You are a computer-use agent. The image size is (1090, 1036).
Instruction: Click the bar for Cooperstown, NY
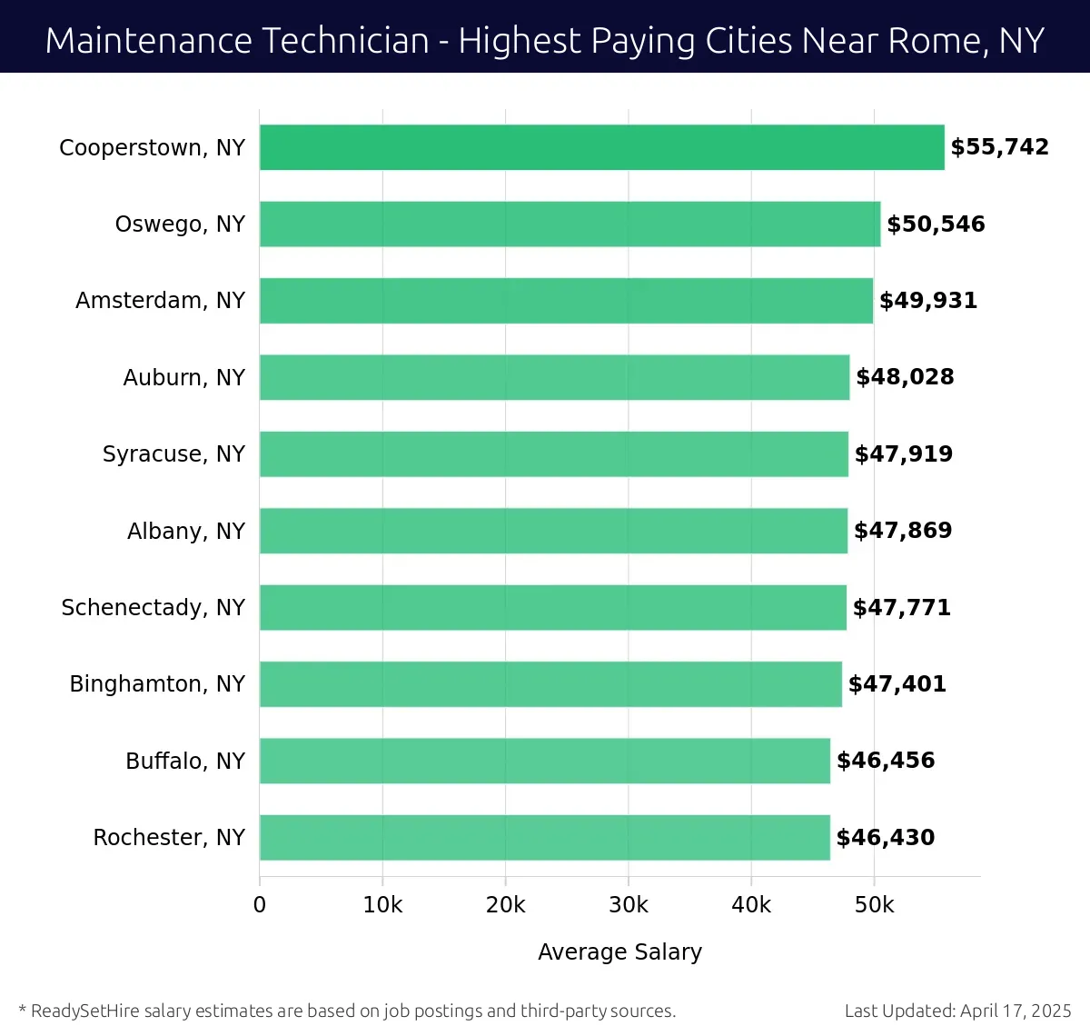[x=601, y=147]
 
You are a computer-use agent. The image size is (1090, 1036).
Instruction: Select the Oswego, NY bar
[x=570, y=224]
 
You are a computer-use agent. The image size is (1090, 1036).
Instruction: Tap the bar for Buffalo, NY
[x=545, y=761]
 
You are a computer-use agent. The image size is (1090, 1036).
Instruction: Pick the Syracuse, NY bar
[x=554, y=453]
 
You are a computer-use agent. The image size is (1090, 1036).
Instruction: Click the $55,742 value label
[x=999, y=147]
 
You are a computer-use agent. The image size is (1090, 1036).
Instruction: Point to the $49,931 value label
[x=927, y=301]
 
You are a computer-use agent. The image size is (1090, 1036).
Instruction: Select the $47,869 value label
[x=903, y=531]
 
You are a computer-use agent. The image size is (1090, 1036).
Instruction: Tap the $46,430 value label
[x=885, y=837]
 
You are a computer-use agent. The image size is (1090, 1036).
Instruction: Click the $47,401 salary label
[x=897, y=684]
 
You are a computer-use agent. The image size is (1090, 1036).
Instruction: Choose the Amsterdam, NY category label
[x=160, y=301]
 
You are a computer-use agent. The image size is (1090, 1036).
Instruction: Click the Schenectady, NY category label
[x=153, y=607]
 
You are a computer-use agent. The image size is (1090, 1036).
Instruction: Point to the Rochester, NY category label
[x=169, y=837]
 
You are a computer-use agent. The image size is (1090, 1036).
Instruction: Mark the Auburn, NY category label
[x=183, y=377]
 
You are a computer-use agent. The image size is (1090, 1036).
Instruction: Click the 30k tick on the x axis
[x=629, y=905]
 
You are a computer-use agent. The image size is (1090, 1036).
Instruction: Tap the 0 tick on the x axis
[x=260, y=905]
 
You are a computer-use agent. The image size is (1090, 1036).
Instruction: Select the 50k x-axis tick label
[x=874, y=905]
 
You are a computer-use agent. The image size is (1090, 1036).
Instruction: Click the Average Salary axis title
[x=619, y=951]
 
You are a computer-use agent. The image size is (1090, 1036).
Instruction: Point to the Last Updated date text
[x=957, y=1011]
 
